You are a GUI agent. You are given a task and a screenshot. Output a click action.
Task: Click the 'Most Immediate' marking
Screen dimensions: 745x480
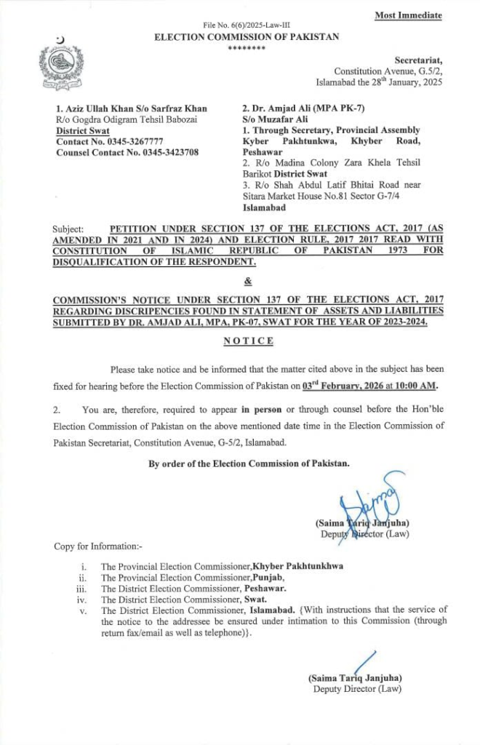[x=408, y=15]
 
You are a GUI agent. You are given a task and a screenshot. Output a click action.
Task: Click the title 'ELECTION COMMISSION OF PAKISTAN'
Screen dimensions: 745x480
[x=247, y=37]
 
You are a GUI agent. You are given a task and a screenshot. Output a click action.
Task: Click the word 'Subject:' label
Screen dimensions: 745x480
[x=69, y=228]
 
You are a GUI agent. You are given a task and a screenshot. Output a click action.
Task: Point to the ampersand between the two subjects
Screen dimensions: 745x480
[x=247, y=280]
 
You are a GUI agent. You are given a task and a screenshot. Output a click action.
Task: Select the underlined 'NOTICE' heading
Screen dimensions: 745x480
[x=248, y=341]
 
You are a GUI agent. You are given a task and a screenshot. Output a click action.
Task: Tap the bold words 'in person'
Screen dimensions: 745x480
[x=262, y=410]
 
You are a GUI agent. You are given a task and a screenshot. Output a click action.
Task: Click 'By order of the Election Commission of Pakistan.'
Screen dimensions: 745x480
[x=249, y=463]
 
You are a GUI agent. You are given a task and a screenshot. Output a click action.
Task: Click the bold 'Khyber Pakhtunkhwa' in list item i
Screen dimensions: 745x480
[x=297, y=565]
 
